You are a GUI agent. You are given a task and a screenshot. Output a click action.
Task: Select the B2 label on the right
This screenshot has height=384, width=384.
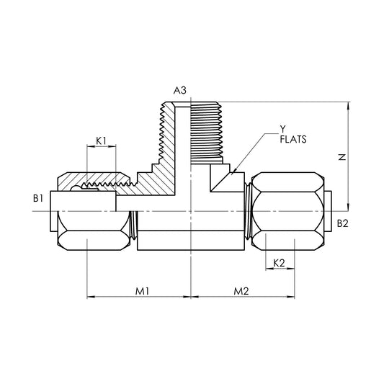tap(343, 224)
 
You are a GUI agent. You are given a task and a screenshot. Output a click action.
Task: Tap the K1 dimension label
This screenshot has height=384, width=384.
tap(101, 140)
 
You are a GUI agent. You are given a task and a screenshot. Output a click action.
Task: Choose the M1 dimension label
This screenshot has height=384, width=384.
tap(143, 290)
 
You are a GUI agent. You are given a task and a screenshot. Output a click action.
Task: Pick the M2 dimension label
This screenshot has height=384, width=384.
tap(241, 290)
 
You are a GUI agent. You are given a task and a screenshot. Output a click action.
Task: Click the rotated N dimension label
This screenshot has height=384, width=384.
tap(342, 156)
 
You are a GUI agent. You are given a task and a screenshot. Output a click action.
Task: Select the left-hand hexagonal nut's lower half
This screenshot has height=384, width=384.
tap(92, 230)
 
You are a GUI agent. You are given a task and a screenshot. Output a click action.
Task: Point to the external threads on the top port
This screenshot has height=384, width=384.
tap(205, 130)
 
